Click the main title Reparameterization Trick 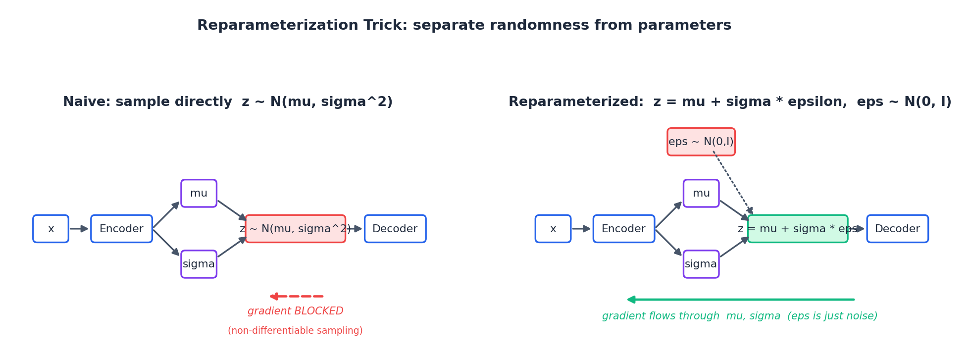(464, 25)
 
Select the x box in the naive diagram (51, 229)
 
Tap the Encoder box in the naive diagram (121, 229)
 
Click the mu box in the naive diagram (199, 193)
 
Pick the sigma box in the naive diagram (199, 264)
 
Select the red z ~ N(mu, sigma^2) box (296, 229)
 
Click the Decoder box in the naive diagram (395, 229)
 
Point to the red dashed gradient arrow (296, 296)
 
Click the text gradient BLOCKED (295, 311)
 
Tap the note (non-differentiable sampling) (295, 331)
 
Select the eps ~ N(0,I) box (701, 142)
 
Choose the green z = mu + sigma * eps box (797, 229)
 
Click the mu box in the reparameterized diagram (701, 193)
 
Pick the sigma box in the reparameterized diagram (701, 264)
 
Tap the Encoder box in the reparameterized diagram (623, 229)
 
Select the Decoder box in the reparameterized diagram (897, 229)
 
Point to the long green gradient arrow (740, 300)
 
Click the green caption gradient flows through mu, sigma (739, 316)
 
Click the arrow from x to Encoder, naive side (79, 229)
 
